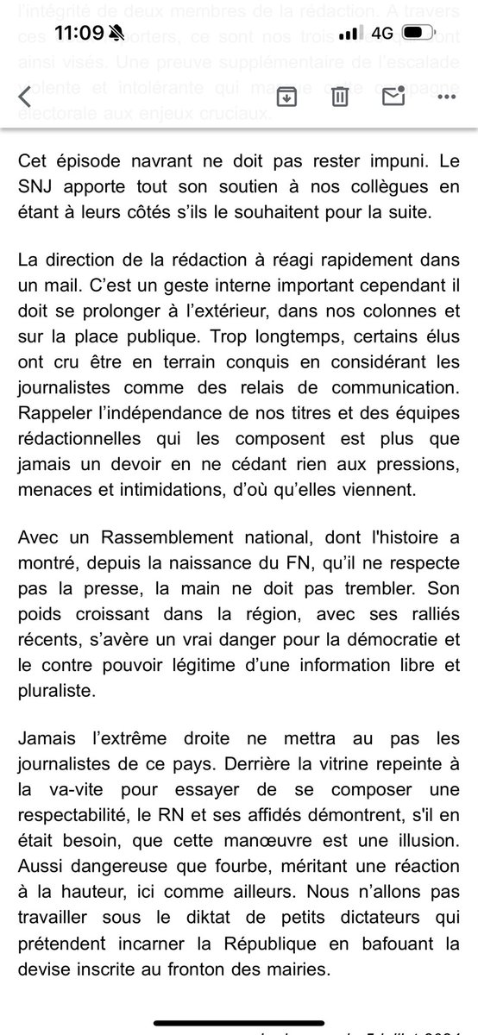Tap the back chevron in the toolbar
coord(25,97)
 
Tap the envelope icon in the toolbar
coord(394,97)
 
